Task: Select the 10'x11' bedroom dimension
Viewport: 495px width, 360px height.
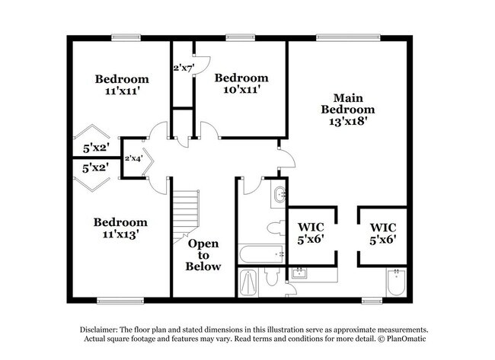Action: (x=241, y=90)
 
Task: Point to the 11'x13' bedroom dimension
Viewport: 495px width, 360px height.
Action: (x=120, y=234)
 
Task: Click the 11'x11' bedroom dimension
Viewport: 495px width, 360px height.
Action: (x=121, y=91)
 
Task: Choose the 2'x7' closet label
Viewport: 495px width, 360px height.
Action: (x=184, y=68)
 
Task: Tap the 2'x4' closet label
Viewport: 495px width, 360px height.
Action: (x=134, y=158)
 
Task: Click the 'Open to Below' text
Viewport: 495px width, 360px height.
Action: (x=203, y=255)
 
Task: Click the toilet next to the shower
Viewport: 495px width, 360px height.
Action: (x=273, y=277)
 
